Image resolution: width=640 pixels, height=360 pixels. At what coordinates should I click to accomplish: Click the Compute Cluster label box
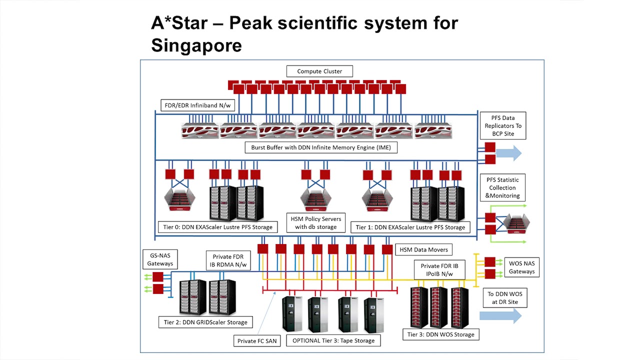pyautogui.click(x=319, y=71)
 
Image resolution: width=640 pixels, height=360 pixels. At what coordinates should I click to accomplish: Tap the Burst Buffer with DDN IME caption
pyautogui.click(x=321, y=147)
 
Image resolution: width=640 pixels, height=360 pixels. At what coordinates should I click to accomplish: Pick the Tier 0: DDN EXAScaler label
pyautogui.click(x=218, y=227)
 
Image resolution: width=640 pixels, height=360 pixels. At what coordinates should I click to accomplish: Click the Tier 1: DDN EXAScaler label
pyautogui.click(x=410, y=227)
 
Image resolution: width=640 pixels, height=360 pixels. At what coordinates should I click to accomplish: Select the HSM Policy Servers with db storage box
pyautogui.click(x=316, y=223)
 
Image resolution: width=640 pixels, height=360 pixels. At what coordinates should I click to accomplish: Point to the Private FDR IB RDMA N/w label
pyautogui.click(x=227, y=260)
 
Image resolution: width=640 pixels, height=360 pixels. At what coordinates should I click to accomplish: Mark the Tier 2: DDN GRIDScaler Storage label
pyautogui.click(x=205, y=322)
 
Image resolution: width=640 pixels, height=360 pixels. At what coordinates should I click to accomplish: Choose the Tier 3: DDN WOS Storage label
pyautogui.click(x=441, y=334)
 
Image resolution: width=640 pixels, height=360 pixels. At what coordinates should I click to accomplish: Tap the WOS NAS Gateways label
pyautogui.click(x=521, y=267)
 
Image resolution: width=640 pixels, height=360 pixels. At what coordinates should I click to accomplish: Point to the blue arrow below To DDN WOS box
pyautogui.click(x=500, y=315)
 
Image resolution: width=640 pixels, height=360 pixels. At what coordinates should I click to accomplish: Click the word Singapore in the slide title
pyautogui.click(x=196, y=45)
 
